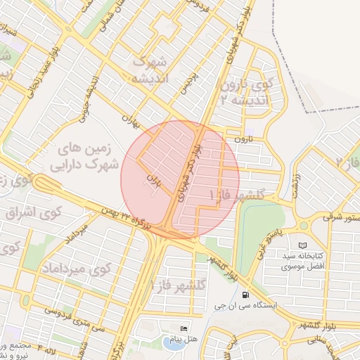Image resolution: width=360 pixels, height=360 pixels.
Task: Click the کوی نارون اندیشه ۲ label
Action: pyautogui.click(x=244, y=91)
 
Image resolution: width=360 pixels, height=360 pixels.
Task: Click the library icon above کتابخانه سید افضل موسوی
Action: pyautogui.click(x=302, y=245)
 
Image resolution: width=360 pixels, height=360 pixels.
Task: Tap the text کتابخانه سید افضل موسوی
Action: pyautogui.click(x=302, y=261)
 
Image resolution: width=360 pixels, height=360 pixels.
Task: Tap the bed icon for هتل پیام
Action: pyautogui.click(x=184, y=328)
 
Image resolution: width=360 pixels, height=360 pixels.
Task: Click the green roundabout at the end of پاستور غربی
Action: pyautogui.click(x=304, y=226)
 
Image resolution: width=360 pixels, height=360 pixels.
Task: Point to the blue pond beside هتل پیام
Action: pyautogui.click(x=171, y=342)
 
